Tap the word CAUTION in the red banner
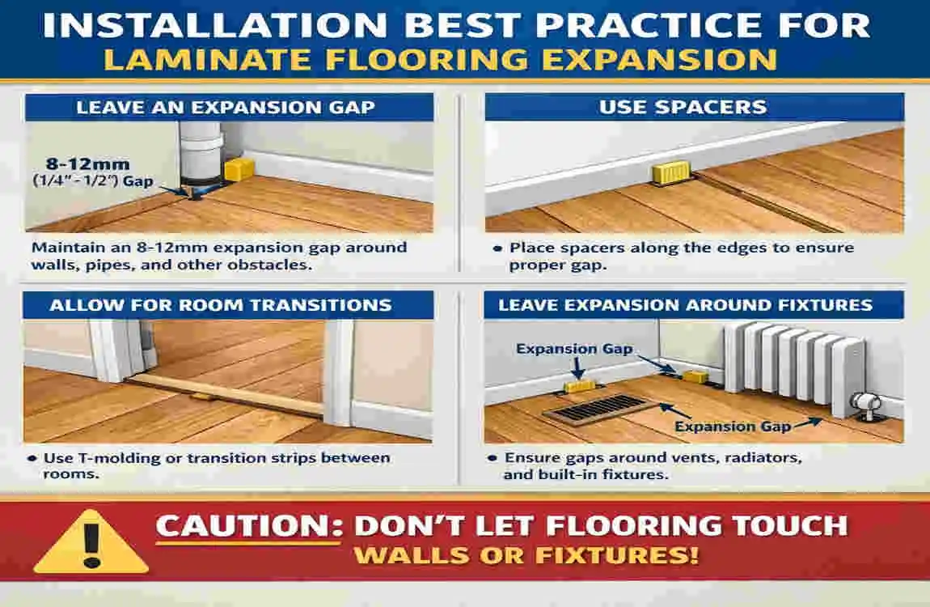tap(243, 526)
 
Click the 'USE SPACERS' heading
tap(694, 107)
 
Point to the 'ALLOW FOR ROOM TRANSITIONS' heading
tap(220, 305)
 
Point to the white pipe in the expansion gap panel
tap(198, 146)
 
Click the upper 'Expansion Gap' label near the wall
tap(574, 350)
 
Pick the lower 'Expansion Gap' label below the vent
tap(733, 427)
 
